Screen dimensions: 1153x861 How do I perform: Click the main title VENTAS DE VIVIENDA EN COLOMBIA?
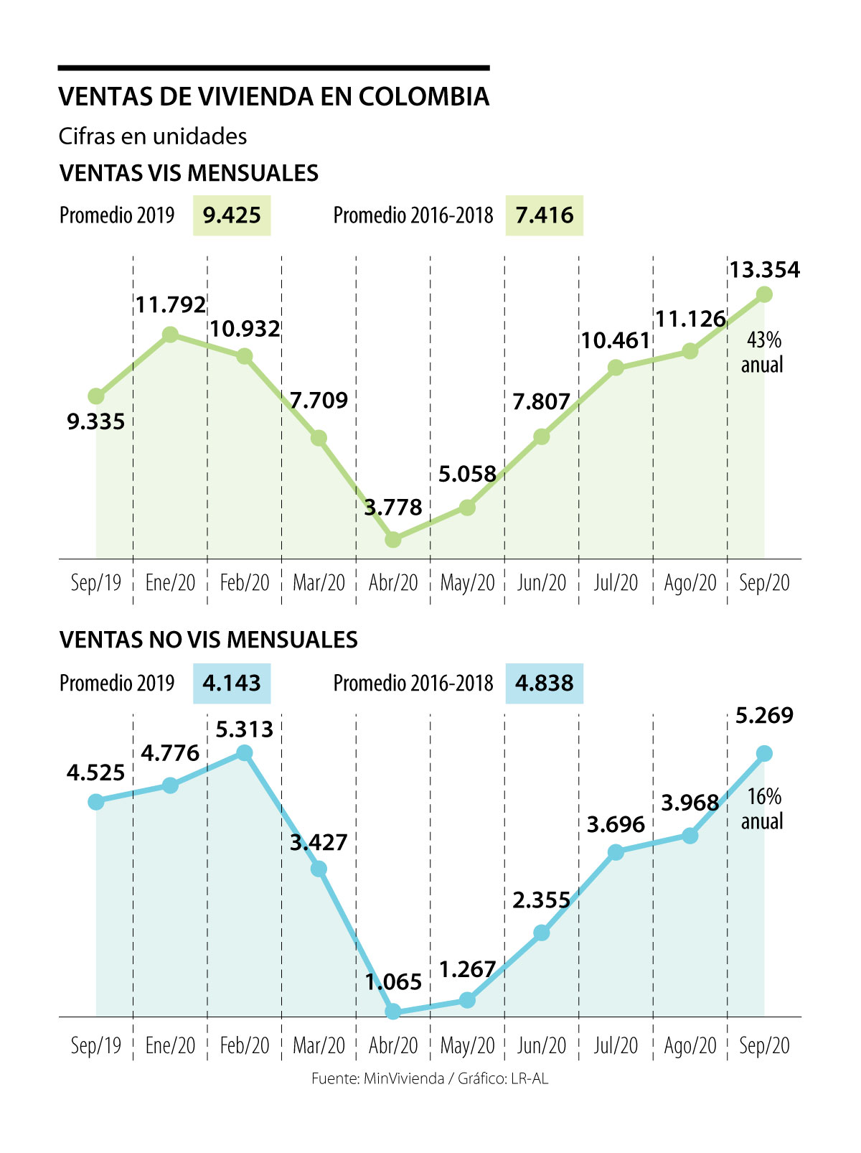(273, 96)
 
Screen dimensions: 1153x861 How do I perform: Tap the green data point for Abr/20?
(392, 539)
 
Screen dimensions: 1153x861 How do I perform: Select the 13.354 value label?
(764, 270)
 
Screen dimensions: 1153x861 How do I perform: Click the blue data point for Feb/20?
(245, 752)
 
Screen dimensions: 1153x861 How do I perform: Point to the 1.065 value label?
(393, 981)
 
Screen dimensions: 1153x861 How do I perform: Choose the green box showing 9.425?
(231, 215)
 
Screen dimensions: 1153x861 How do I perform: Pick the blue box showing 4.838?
(544, 683)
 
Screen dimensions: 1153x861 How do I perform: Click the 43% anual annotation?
(762, 352)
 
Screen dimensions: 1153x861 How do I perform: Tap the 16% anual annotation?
(762, 808)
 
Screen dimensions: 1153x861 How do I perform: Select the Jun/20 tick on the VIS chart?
(542, 582)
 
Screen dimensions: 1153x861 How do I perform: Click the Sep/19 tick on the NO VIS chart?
(96, 1045)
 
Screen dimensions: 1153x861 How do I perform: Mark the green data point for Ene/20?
(170, 335)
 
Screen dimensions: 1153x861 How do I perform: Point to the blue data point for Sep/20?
(764, 753)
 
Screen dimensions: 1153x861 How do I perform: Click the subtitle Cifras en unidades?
(153, 136)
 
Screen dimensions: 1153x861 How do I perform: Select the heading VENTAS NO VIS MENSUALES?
(208, 640)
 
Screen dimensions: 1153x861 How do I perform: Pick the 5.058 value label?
(467, 474)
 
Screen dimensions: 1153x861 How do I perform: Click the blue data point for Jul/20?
(616, 852)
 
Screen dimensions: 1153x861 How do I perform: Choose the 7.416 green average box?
(544, 215)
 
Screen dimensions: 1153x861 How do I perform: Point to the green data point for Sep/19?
(96, 396)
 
